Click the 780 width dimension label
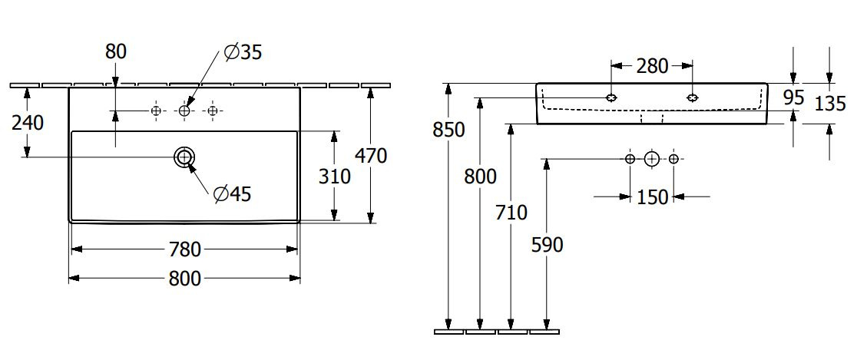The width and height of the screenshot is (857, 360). (185, 249)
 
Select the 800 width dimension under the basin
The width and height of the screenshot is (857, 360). (185, 279)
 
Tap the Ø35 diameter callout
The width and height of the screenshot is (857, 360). (243, 52)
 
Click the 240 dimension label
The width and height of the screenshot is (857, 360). (28, 123)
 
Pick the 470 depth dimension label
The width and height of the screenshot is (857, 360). (371, 156)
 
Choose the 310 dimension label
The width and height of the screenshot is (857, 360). (335, 177)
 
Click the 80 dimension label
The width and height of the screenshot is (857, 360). (116, 51)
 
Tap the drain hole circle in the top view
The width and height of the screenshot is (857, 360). (184, 157)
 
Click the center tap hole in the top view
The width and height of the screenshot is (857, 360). (184, 111)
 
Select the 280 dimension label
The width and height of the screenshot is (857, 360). (652, 66)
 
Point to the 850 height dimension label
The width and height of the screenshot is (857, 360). (448, 130)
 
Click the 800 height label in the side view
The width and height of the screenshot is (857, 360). (480, 177)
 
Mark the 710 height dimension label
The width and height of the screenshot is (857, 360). (511, 212)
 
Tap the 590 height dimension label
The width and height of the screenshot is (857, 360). (547, 246)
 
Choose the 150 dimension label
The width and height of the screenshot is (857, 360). (652, 197)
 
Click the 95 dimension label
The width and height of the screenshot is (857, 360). (793, 97)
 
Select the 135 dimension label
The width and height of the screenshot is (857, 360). (829, 104)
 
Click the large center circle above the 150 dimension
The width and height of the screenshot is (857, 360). (651, 159)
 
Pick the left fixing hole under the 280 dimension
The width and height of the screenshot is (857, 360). (611, 97)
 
